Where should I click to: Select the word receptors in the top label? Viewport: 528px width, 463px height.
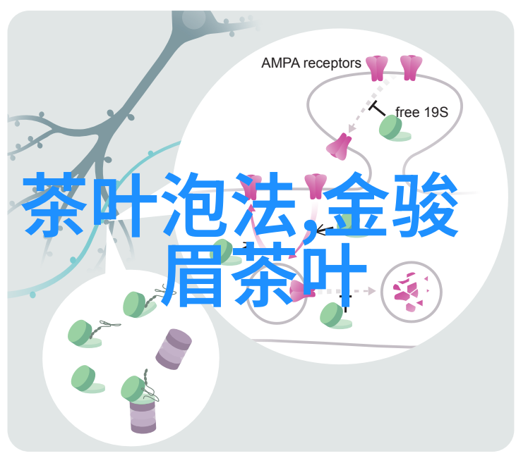coord(332,63)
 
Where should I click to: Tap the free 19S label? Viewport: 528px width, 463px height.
coord(421,112)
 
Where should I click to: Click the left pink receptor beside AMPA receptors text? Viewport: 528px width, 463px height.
coord(378,67)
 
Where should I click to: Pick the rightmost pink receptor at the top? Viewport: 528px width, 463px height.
coord(411,67)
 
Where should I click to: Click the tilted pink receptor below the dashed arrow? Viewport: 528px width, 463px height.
coord(340,144)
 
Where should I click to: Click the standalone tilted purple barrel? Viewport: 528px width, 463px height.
coord(173,349)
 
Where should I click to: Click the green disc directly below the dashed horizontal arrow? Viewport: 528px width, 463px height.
coord(330,314)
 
